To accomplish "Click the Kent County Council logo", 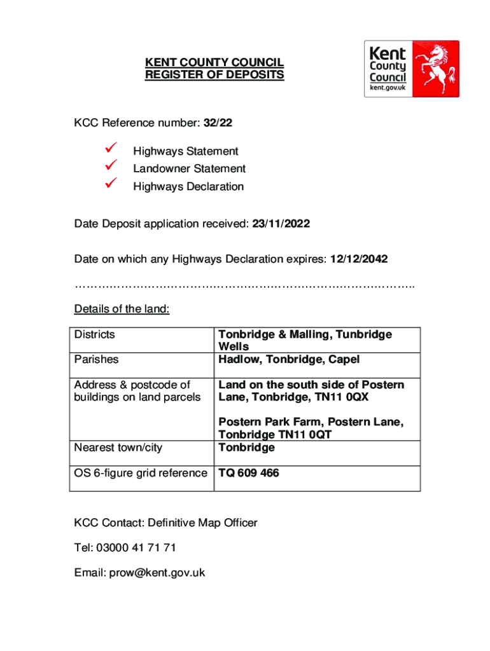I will [411, 69].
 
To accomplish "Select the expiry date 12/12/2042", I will [358, 259].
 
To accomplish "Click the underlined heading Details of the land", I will [122, 310].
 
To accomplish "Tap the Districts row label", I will [94, 334].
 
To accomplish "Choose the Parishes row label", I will [96, 359].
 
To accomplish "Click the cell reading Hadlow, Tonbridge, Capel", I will [289, 359].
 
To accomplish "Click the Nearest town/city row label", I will [118, 448].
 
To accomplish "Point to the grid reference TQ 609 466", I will [249, 473].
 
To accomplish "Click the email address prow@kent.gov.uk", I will [157, 572].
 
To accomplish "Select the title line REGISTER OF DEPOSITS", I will [214, 75].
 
